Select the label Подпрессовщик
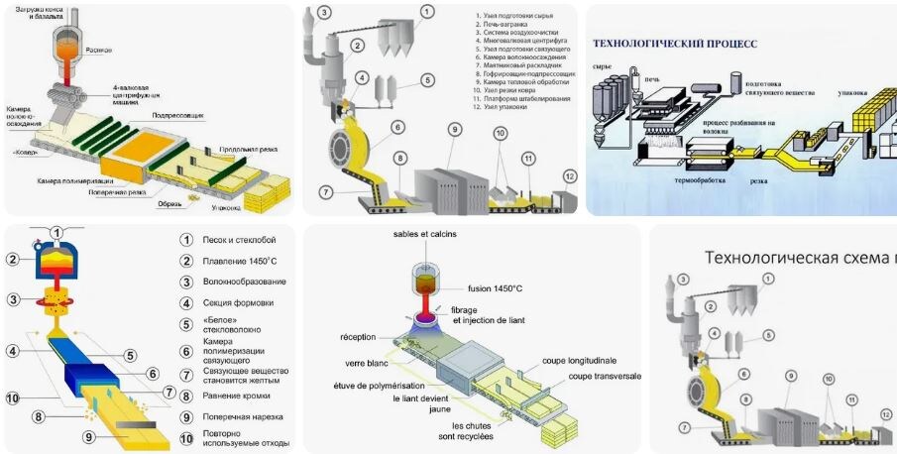tap(177, 116)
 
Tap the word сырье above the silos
tap(602, 65)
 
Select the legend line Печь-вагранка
tap(502, 26)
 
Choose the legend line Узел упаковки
tap(500, 105)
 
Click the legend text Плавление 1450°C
tap(242, 261)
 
